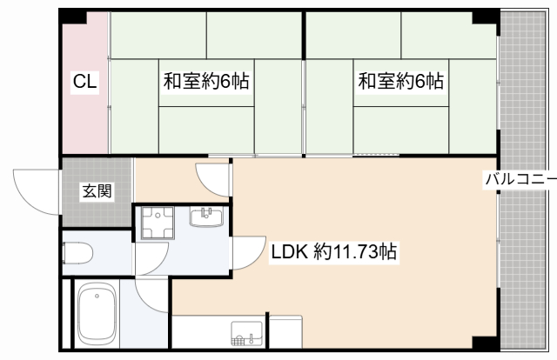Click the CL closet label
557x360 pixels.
pyautogui.click(x=85, y=83)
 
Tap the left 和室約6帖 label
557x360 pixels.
pyautogui.click(x=206, y=83)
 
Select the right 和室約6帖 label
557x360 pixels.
pyautogui.click(x=401, y=83)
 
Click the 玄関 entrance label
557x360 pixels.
pyautogui.click(x=96, y=191)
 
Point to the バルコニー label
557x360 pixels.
pyautogui.click(x=520, y=181)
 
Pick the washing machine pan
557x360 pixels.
pyautogui.click(x=158, y=222)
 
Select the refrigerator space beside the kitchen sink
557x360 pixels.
pyautogui.click(x=285, y=332)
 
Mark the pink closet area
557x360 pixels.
pyautogui.click(x=85, y=122)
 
